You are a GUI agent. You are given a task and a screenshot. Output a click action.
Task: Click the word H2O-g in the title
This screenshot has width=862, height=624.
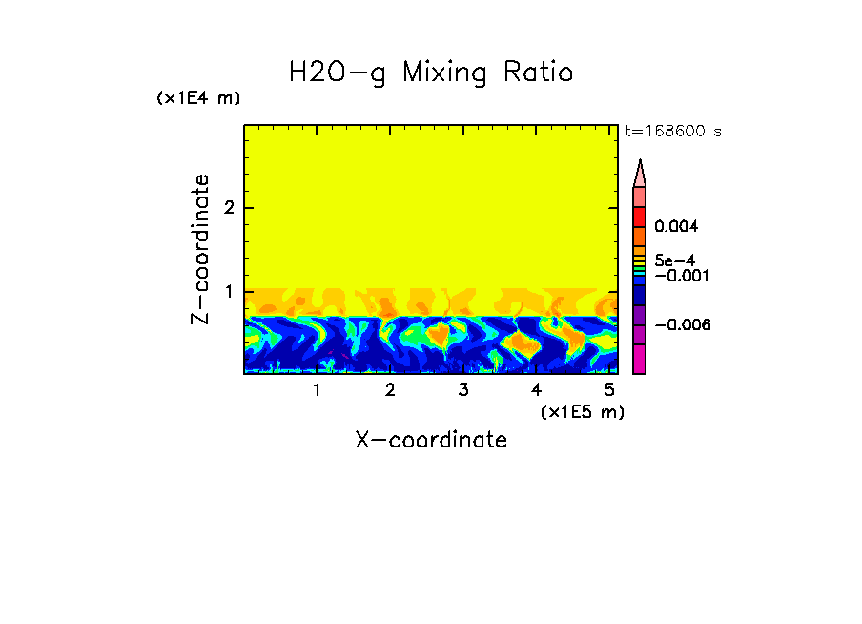338,73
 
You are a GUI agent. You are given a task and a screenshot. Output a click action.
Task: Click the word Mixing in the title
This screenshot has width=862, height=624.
446,73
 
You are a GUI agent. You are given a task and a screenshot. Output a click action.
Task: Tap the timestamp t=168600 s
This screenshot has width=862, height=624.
672,132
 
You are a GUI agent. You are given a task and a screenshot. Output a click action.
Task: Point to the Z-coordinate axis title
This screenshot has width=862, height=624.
200,249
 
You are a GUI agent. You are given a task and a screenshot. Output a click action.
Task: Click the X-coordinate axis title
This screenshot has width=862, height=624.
431,440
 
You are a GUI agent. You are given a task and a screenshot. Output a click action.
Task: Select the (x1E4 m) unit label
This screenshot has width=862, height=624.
198,98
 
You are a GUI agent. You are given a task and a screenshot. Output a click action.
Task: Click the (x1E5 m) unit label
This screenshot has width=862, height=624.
582,411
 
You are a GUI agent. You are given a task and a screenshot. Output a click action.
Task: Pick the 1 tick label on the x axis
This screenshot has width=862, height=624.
317,390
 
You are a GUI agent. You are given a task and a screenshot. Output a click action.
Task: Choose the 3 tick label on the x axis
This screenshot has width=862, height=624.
462,390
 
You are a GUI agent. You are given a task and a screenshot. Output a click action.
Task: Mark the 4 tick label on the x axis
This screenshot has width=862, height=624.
536,390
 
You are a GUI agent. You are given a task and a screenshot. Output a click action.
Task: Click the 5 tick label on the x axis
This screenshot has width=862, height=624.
609,390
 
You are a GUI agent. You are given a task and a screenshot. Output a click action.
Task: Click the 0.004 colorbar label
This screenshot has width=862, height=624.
676,227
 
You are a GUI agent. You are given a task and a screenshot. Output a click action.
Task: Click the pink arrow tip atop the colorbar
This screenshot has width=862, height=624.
639,173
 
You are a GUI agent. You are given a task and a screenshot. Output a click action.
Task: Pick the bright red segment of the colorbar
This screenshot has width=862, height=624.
639,216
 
